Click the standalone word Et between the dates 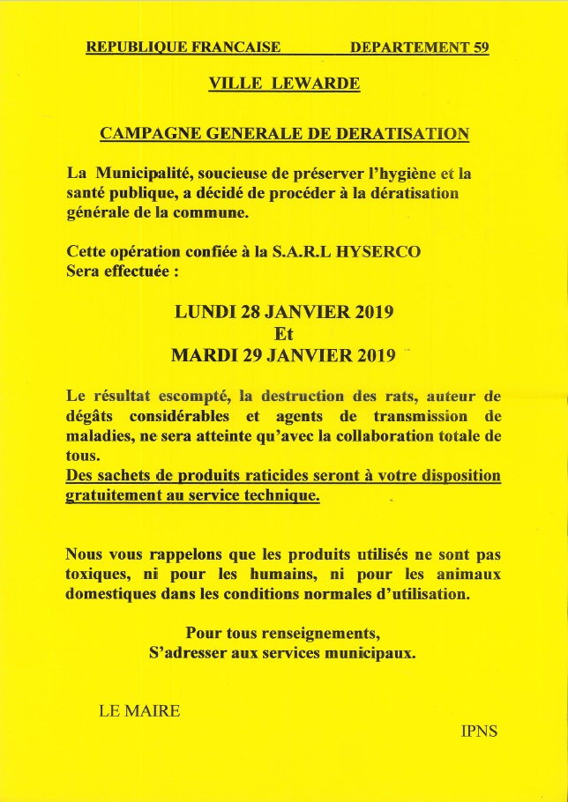tap(284, 335)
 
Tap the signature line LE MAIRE tap(138, 710)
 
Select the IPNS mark tap(479, 731)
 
